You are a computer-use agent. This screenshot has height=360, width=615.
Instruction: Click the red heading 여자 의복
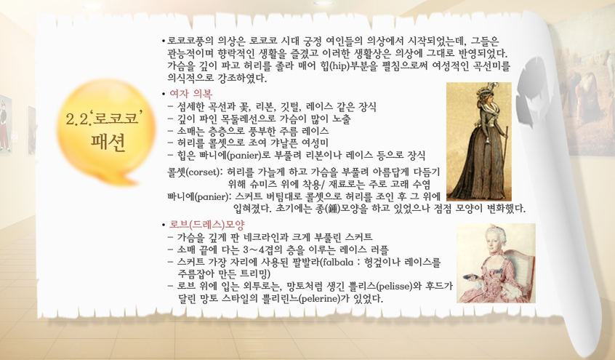click(190, 94)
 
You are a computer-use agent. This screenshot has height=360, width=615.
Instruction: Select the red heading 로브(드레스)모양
click(206, 225)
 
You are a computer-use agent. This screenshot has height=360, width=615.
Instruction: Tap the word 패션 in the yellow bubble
click(108, 143)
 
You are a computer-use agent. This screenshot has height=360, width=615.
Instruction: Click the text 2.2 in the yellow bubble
click(77, 119)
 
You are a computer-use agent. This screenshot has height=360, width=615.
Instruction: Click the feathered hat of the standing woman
click(484, 91)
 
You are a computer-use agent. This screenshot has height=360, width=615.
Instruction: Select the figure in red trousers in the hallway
click(4, 126)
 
